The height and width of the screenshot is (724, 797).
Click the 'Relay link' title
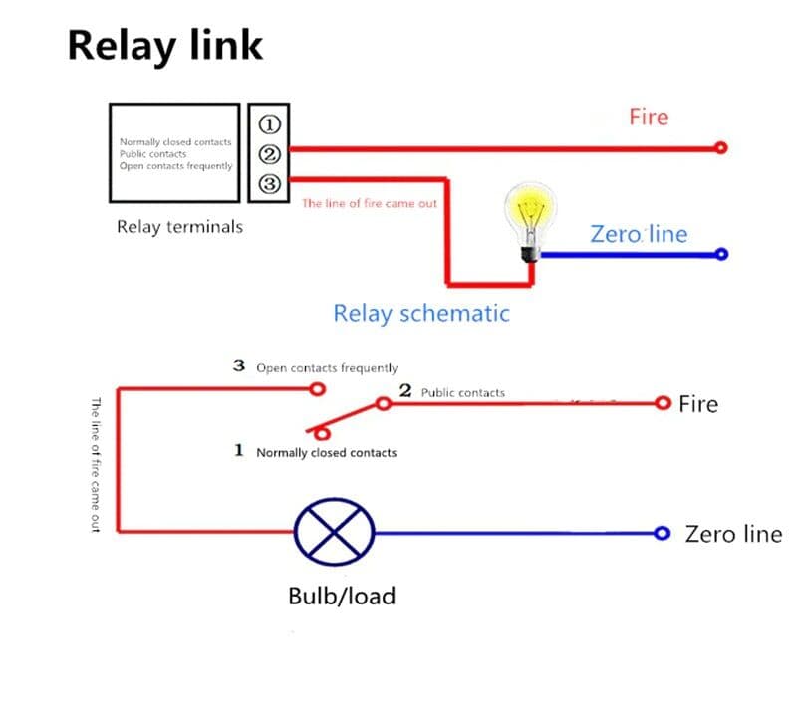165,46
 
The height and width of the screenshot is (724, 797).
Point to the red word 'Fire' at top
649,117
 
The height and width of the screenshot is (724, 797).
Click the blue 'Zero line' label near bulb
639,234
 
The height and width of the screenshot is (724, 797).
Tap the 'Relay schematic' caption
420,314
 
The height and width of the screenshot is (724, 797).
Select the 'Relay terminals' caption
179,227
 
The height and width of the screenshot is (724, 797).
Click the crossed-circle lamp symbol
333,532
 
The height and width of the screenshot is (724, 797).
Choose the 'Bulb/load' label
341,596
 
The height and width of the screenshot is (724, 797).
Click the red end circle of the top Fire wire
721,148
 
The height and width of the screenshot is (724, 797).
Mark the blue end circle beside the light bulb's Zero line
722,254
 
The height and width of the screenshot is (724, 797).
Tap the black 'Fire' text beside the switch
697,404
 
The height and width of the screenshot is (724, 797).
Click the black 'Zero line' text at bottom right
733,534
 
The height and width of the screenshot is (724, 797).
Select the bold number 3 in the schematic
239,365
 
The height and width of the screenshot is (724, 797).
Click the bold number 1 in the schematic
239,450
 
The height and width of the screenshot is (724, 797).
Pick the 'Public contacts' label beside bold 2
462,392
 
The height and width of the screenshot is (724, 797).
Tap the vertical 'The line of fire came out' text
96,464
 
